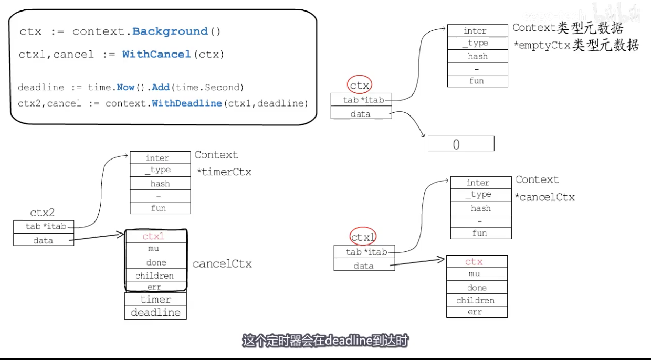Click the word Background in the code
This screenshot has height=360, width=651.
click(170, 31)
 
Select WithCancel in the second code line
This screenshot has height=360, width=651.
click(156, 54)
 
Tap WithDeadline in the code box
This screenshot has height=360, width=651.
click(186, 103)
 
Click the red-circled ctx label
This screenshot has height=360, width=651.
click(360, 85)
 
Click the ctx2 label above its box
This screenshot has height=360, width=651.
click(42, 213)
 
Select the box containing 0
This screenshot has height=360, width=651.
click(460, 144)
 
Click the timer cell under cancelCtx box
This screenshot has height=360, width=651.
click(155, 299)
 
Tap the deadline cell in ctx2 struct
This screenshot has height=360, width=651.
click(155, 312)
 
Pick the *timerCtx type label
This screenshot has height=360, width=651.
click(224, 172)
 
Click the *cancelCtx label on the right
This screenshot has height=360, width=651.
click(545, 197)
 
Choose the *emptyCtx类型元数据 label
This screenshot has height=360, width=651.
click(576, 46)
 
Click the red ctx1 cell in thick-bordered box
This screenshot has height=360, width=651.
click(155, 236)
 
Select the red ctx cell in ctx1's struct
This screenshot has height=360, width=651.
click(477, 261)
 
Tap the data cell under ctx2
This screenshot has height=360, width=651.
click(43, 240)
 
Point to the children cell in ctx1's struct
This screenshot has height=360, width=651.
click(477, 300)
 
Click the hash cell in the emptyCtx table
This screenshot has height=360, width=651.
click(478, 56)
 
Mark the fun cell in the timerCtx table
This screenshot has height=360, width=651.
click(160, 208)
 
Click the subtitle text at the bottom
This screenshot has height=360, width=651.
click(325, 341)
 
